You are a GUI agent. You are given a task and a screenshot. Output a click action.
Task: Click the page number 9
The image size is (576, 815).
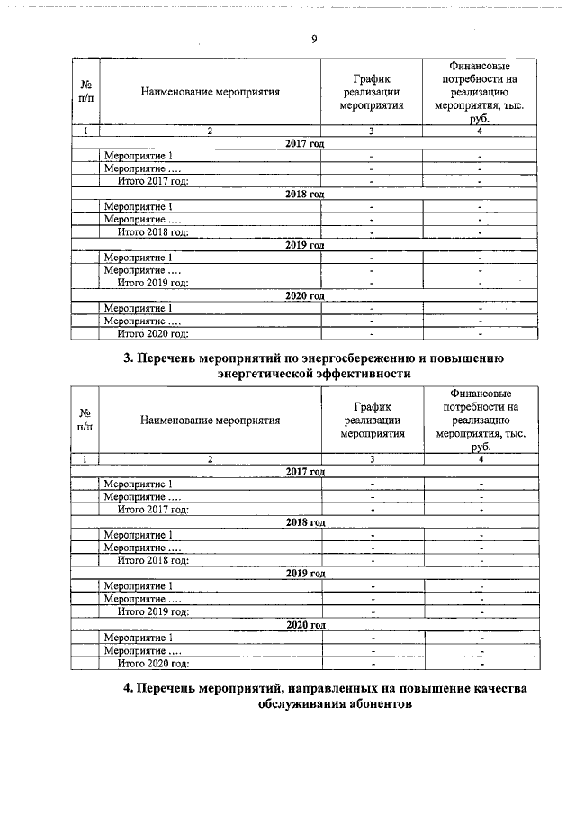click(x=313, y=39)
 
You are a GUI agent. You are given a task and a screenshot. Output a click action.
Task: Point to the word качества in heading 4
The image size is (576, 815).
click(x=492, y=689)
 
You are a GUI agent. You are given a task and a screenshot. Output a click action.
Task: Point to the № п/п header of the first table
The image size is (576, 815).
click(x=85, y=91)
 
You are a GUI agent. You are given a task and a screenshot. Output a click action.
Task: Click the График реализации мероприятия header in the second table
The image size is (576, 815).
click(x=372, y=420)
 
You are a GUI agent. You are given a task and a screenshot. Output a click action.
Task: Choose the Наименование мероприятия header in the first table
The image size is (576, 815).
click(x=210, y=91)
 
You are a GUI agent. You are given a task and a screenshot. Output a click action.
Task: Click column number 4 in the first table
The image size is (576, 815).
click(x=480, y=131)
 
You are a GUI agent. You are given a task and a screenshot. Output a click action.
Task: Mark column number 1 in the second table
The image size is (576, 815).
click(x=85, y=459)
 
